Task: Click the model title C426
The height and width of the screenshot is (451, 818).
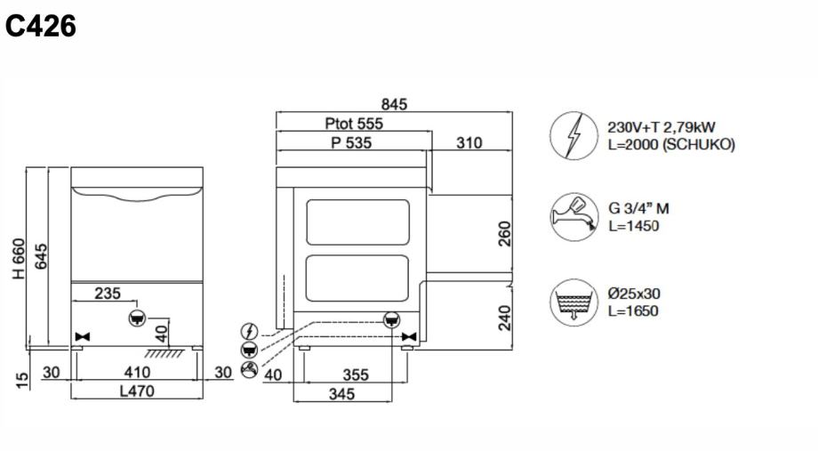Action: (x=41, y=26)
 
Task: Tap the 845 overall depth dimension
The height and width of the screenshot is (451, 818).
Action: (x=394, y=104)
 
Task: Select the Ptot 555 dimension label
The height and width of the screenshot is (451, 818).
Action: (x=354, y=124)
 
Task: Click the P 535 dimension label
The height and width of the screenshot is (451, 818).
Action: (x=351, y=142)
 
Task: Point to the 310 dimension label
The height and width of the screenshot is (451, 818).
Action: (x=469, y=142)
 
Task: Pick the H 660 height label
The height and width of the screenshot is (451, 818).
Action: (x=19, y=258)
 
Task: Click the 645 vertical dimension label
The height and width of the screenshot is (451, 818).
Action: (x=40, y=256)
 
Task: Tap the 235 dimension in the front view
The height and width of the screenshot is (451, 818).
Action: (x=108, y=294)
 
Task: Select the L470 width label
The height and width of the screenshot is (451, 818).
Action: (x=137, y=391)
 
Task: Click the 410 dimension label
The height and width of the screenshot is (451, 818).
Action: (x=137, y=372)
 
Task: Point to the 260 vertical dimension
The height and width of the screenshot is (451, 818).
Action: (x=504, y=234)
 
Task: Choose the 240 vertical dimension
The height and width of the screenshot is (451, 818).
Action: (x=504, y=318)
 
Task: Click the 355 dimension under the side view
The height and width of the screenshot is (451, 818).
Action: (x=356, y=374)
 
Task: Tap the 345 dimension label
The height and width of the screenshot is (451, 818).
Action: (x=341, y=393)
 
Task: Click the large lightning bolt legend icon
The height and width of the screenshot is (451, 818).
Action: (x=573, y=136)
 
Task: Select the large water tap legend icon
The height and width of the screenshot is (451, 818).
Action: (x=573, y=217)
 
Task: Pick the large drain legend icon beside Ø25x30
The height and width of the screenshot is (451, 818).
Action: (x=573, y=302)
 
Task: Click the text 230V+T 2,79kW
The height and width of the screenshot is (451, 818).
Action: (x=661, y=127)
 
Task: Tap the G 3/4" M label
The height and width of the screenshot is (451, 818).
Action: (x=638, y=209)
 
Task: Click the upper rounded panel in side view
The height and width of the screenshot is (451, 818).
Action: (x=357, y=221)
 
